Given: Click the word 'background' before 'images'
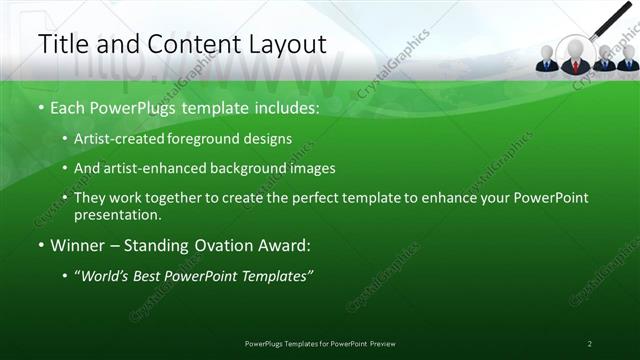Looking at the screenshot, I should (259, 168).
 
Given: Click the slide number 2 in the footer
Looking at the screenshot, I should (590, 343).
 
